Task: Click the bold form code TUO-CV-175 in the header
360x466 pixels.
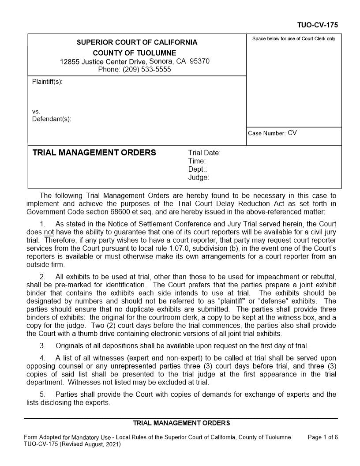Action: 317,26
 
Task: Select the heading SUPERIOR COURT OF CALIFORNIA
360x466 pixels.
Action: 137,43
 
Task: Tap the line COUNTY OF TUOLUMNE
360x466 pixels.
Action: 137,53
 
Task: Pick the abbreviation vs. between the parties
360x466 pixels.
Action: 36,112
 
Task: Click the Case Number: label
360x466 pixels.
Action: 267,133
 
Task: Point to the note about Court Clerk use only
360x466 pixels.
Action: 293,39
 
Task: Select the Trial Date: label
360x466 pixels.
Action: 204,153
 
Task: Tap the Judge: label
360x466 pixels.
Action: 199,178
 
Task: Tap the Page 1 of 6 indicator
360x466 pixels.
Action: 322,437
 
